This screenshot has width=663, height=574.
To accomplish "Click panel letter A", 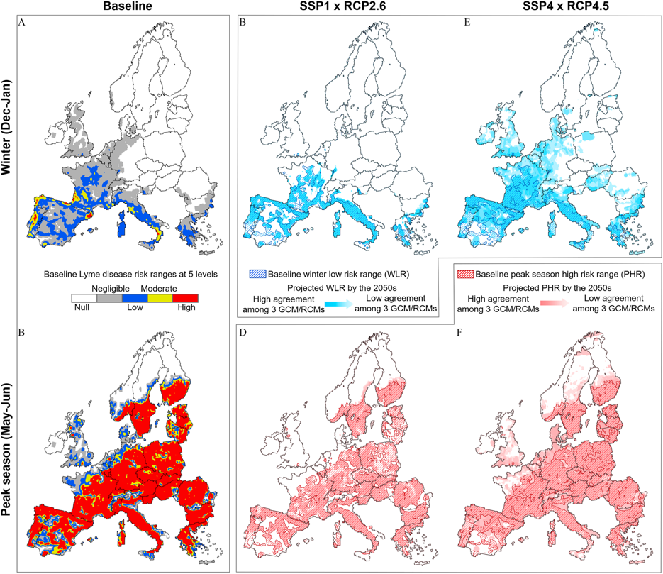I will point(23,22).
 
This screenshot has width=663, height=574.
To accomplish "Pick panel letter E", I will point(467,22).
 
